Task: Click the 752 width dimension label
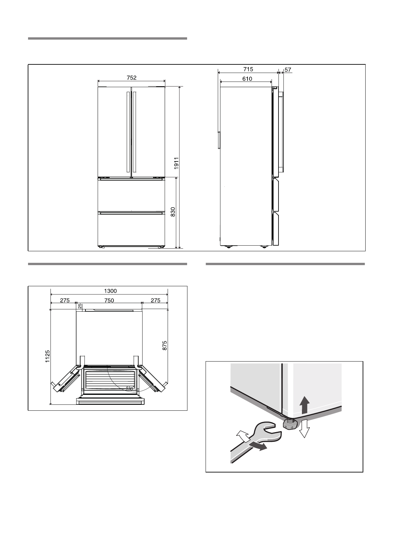(x=131, y=78)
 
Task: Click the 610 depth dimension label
(x=247, y=79)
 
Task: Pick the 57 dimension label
(x=288, y=70)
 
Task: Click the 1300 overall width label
(x=110, y=291)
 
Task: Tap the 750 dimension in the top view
(x=109, y=300)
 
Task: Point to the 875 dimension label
(x=165, y=345)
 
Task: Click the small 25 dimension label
(x=80, y=306)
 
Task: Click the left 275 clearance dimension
(x=65, y=300)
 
